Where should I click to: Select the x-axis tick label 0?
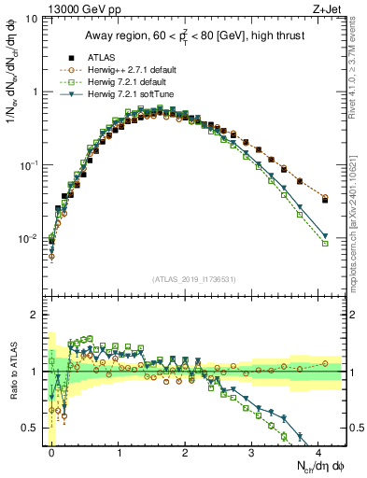51,452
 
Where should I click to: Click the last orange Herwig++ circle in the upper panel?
324,199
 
